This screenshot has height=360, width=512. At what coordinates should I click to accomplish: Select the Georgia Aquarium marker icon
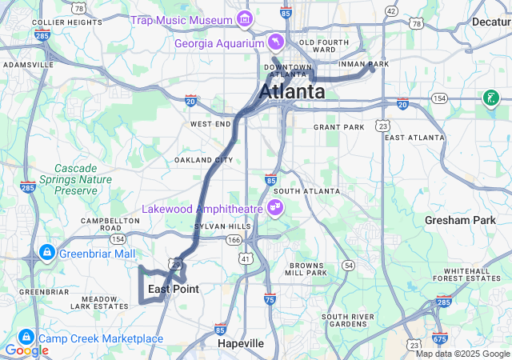tap(275, 42)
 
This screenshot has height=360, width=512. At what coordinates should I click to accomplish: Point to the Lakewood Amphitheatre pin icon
tap(275, 209)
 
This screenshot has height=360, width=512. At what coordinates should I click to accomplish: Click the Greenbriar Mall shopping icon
tap(46, 254)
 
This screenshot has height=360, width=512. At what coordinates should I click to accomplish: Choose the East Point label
tap(173, 289)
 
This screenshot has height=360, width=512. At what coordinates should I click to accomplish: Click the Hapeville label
tap(241, 343)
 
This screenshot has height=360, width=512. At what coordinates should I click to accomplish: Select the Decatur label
tap(490, 22)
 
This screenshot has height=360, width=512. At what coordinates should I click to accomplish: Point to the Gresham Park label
tap(461, 220)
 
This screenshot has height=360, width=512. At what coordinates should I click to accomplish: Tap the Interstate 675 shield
tap(439, 338)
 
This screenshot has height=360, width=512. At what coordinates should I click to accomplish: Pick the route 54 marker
tap(347, 265)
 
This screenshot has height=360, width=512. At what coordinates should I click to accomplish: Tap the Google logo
tap(26, 350)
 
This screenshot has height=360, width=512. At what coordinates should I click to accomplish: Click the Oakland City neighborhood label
tap(204, 160)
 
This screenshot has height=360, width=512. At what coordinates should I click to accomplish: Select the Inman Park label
tap(363, 63)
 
